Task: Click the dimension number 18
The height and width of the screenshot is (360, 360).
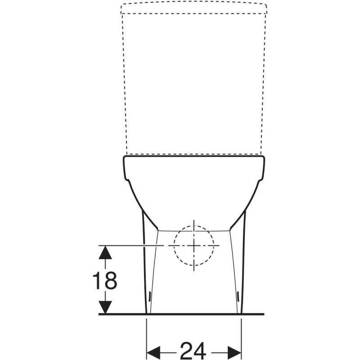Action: tap(105, 280)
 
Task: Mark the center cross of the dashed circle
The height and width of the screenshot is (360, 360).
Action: tap(194, 246)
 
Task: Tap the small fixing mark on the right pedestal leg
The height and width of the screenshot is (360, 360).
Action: tap(238, 296)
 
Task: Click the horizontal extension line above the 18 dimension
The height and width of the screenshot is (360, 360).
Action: tap(130, 246)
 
